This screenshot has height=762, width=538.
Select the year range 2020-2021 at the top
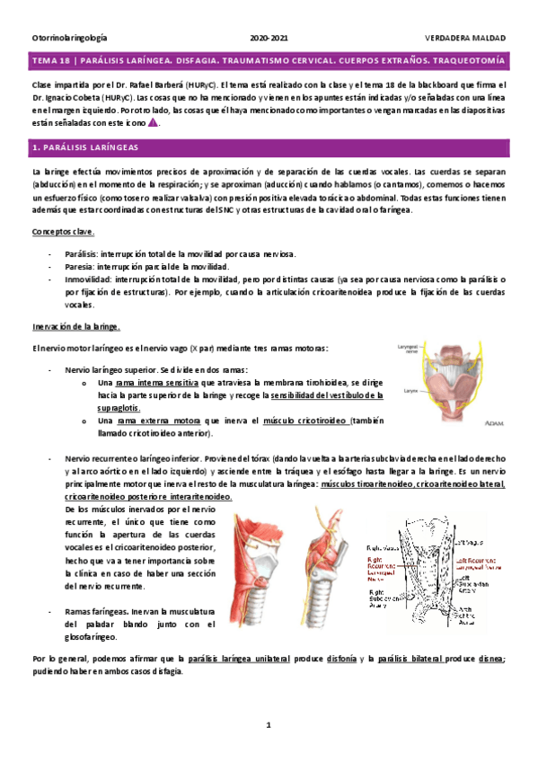pyautogui.click(x=269, y=39)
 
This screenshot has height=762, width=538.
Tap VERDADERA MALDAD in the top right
pyautogui.click(x=465, y=39)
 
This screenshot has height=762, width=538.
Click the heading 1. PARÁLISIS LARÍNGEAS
pyautogui.click(x=84, y=145)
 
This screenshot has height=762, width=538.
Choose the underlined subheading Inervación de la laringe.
pyautogui.click(x=75, y=326)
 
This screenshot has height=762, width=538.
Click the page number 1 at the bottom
pyautogui.click(x=268, y=724)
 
